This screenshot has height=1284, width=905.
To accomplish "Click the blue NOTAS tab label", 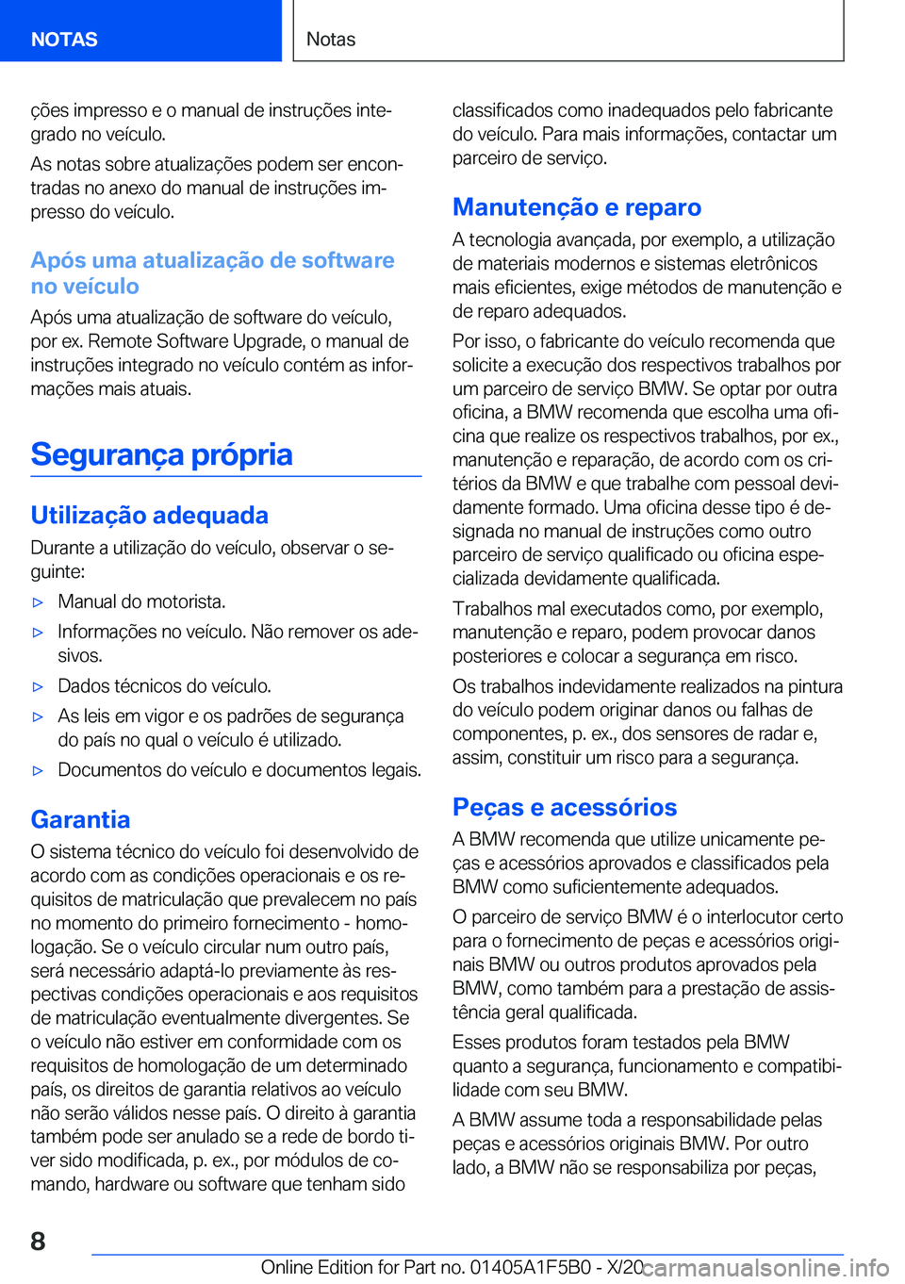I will [x=64, y=40].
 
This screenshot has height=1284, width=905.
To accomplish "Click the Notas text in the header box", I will [x=331, y=40].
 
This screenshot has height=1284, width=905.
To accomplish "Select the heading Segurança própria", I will [x=161, y=454].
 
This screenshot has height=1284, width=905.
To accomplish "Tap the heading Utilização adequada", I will [x=149, y=515].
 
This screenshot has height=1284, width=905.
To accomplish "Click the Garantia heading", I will [x=80, y=819].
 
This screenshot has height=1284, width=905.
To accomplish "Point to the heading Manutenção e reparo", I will [x=576, y=207].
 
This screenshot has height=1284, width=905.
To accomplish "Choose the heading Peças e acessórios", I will [x=564, y=807].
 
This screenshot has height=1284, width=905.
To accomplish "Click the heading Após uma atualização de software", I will [x=212, y=272].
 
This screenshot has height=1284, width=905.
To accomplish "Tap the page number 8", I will [x=38, y=1241].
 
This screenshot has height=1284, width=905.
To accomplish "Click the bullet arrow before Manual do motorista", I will [x=38, y=602].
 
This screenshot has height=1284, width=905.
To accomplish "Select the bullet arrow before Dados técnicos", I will [x=38, y=687].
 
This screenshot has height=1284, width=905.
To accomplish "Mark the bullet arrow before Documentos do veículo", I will [x=38, y=771].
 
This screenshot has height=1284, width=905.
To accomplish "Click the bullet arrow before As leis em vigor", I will [x=38, y=717].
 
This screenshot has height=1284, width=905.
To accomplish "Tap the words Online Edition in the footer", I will [x=317, y=1267].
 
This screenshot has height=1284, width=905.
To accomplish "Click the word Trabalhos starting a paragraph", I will [x=493, y=609].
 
